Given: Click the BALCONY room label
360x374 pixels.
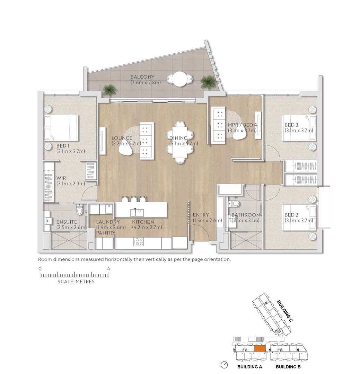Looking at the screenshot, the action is click(x=142, y=77).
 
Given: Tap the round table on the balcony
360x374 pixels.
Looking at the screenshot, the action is click(x=179, y=79).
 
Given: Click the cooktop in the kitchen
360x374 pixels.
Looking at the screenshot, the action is click(x=139, y=242).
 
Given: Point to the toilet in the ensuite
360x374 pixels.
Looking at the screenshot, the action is click(x=79, y=210).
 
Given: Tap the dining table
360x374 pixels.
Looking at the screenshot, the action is click(x=180, y=142).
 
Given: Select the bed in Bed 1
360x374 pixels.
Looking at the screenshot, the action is click(x=61, y=128).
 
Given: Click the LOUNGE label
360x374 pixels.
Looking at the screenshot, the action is click(x=122, y=138).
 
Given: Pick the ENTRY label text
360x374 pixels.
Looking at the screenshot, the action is click(x=201, y=215).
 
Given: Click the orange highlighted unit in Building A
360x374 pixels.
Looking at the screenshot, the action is click(x=260, y=348).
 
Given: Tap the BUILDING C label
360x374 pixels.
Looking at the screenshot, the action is click(x=284, y=311).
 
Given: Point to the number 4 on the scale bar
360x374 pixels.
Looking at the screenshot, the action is click(x=108, y=269).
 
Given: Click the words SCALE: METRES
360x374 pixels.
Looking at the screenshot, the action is click(x=76, y=282).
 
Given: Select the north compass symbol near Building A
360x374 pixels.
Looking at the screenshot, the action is click(x=224, y=365).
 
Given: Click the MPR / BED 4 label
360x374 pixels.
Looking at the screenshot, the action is click(x=242, y=125).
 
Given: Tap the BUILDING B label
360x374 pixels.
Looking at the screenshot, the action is click(x=288, y=367).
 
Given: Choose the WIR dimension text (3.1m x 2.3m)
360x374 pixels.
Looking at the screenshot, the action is click(x=71, y=184).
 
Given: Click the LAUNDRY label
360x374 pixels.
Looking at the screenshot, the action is click(x=108, y=222).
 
